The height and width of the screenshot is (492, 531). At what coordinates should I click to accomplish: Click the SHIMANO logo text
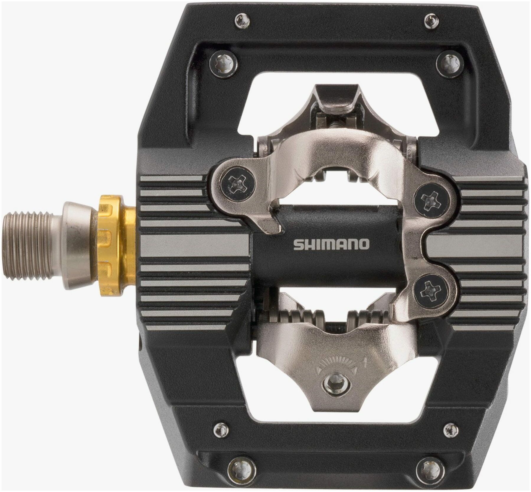click(x=331, y=244)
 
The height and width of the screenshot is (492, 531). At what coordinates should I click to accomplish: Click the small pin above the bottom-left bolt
click(x=221, y=430)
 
